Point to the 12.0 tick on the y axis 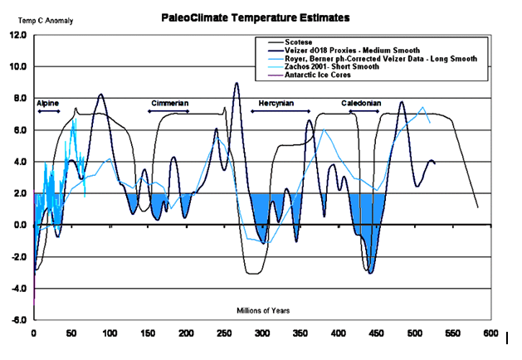click(17, 36)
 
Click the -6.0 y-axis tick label click(17, 319)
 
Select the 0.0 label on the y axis click(18, 225)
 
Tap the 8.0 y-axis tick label click(18, 99)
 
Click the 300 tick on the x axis click(262, 333)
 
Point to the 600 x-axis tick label click(490, 333)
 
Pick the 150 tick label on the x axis click(148, 333)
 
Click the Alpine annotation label click(48, 103)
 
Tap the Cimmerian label click(169, 103)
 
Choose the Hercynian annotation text click(272, 103)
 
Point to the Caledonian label click(361, 103)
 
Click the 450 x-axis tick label click(376, 333)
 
